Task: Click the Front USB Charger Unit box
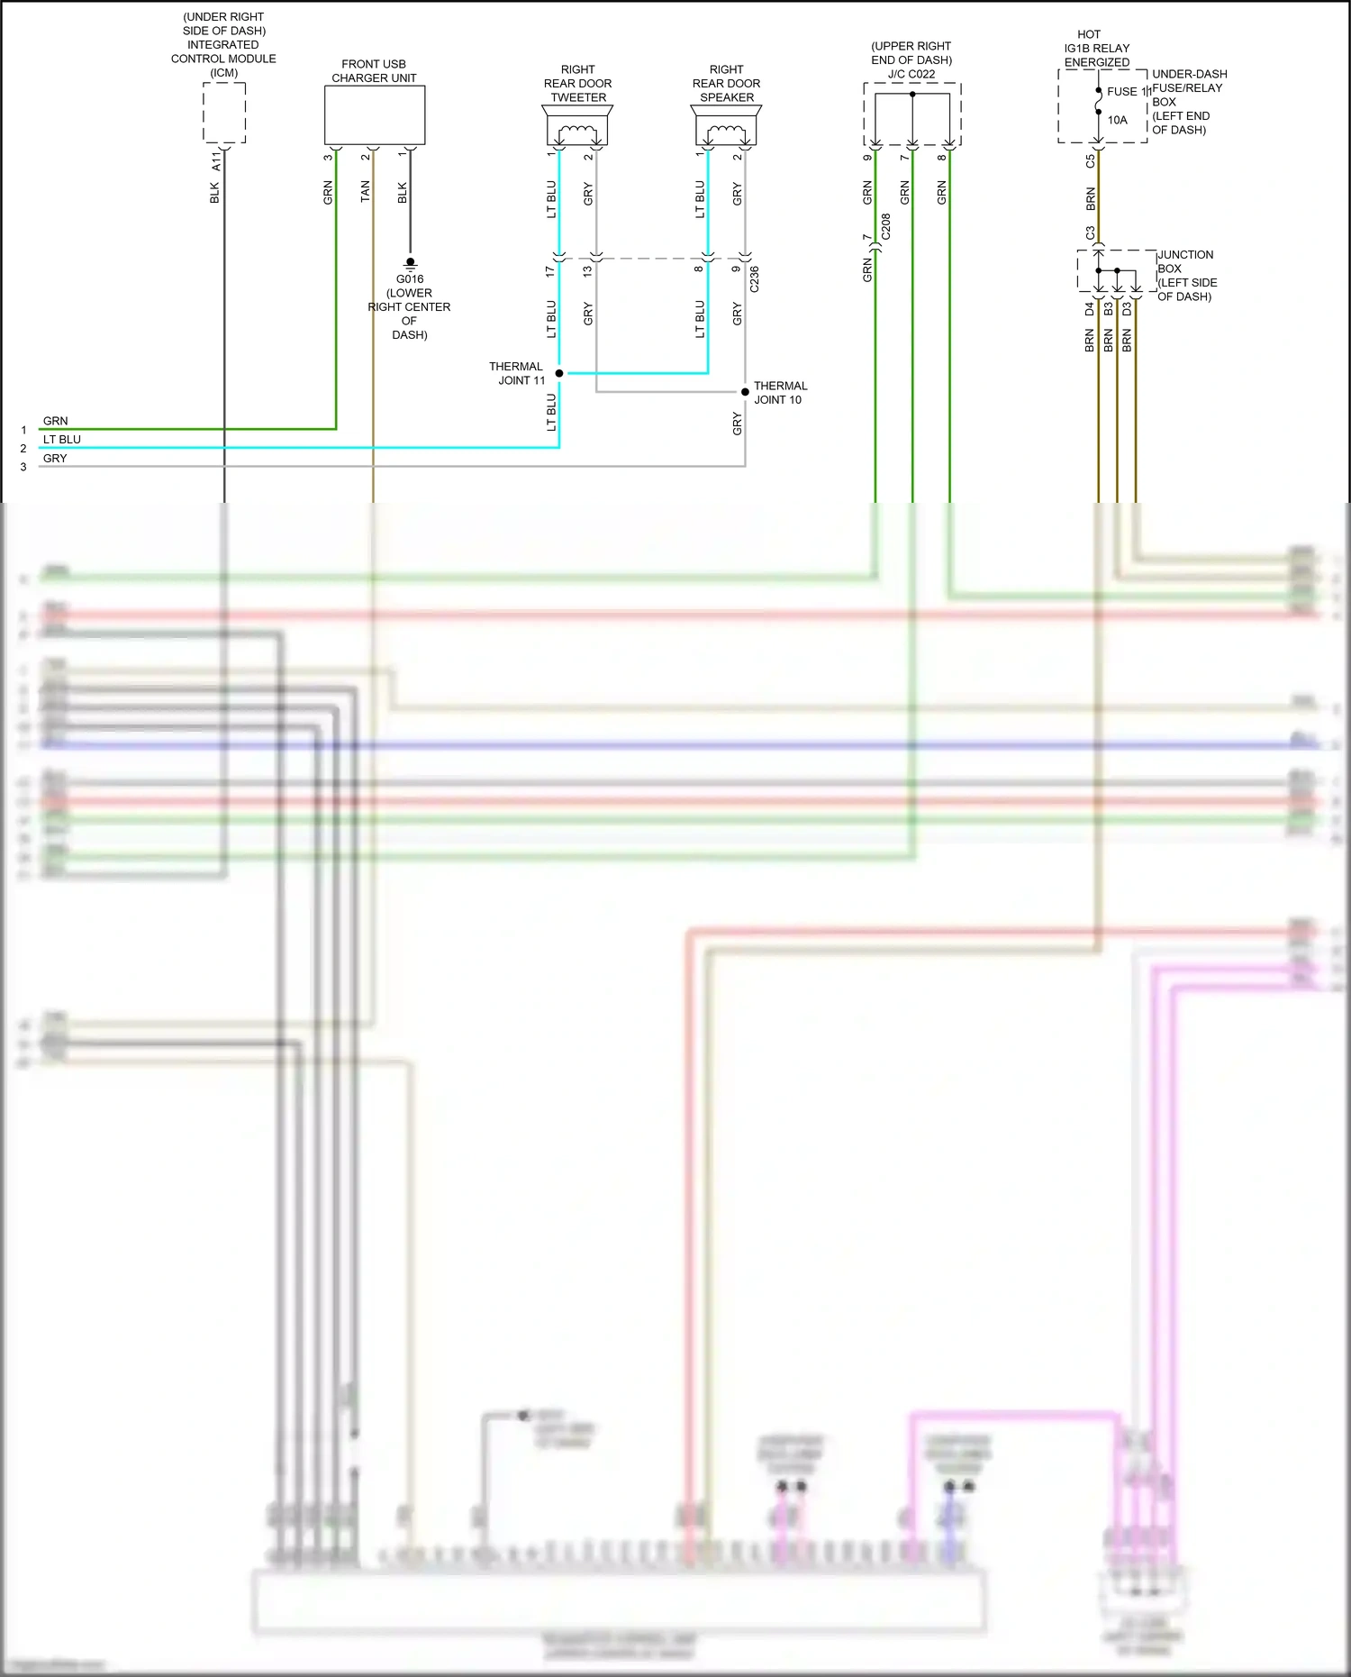[374, 115]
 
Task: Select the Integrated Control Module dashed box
[223, 113]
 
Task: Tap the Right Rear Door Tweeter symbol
[576, 126]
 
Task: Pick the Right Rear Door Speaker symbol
[726, 126]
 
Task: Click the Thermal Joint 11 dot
[559, 373]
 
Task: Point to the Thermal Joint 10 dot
[745, 392]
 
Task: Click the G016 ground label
[409, 279]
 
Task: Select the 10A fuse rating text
[1117, 120]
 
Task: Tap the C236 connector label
[755, 279]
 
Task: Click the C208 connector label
[886, 226]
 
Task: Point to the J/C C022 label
[911, 74]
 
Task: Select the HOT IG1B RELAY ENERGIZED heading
[1096, 49]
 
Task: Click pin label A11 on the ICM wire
[216, 161]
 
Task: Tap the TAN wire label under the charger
[365, 191]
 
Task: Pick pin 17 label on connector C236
[550, 270]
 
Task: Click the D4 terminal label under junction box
[1090, 308]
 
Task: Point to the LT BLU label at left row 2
[62, 439]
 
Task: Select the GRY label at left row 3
[55, 458]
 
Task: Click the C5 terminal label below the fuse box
[1091, 161]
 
